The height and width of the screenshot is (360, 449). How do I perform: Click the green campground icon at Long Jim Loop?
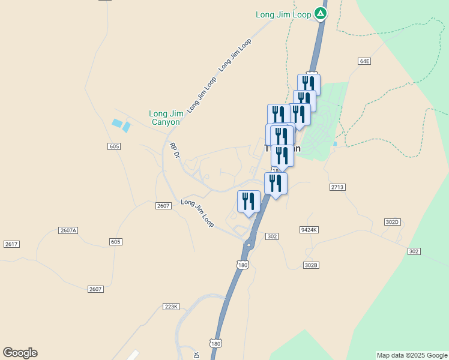[321, 13]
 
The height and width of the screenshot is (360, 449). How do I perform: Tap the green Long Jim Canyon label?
[164, 118]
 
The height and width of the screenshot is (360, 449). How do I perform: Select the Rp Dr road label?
[175, 151]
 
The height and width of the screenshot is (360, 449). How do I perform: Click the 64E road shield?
[364, 61]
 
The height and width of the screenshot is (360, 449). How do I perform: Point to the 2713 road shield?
[337, 187]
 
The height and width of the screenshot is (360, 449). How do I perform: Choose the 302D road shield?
[393, 222]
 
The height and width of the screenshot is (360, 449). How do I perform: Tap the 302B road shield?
[310, 265]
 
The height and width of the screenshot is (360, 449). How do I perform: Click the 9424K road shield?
[309, 230]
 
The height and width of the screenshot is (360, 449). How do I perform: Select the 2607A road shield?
[68, 230]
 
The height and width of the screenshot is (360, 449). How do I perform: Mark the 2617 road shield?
[11, 244]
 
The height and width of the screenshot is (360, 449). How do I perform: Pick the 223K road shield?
[171, 307]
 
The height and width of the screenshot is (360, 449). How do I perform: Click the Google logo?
[20, 353]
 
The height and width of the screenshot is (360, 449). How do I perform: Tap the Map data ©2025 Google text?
[412, 355]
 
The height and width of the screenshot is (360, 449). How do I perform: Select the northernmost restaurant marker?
[309, 83]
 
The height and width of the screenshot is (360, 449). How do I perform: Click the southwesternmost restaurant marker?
[249, 201]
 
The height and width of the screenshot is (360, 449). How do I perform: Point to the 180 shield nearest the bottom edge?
[216, 343]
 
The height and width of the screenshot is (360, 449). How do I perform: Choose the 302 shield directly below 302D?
[414, 251]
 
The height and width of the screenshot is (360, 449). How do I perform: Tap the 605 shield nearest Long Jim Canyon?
[114, 146]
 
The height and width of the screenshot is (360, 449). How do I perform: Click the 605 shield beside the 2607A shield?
[115, 241]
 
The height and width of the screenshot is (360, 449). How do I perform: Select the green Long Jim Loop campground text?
[283, 14]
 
